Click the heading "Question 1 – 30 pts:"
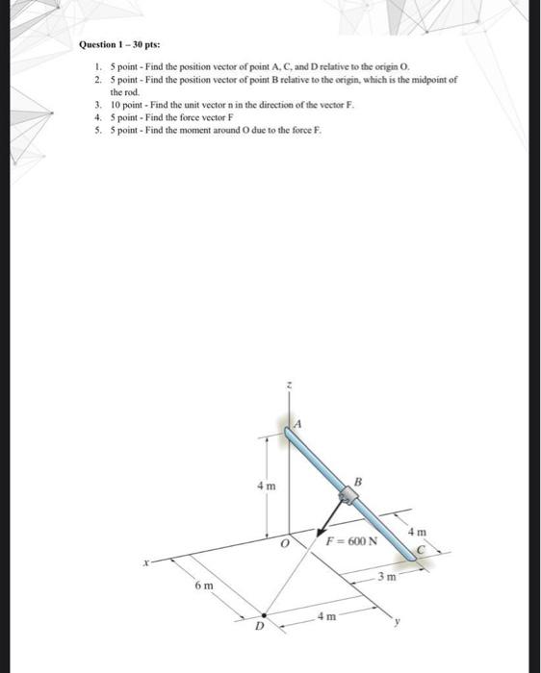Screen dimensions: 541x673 (120, 44)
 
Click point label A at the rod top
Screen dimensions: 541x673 (297, 424)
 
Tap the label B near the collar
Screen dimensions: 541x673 (358, 482)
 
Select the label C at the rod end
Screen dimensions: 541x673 (422, 549)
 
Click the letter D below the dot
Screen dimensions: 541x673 (259, 627)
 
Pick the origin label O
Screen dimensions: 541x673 (284, 543)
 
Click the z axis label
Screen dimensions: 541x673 (290, 385)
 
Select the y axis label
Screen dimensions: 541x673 (398, 620)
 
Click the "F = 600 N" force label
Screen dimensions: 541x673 (352, 540)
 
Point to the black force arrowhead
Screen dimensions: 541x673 (320, 533)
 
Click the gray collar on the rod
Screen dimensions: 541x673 (348, 496)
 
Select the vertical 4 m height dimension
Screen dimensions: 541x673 (267, 486)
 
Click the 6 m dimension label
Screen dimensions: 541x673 (204, 586)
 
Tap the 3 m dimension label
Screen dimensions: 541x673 (387, 577)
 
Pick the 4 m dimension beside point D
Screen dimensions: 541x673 (327, 617)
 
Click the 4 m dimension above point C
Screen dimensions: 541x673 (417, 533)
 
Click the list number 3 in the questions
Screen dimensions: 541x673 (98, 105)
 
